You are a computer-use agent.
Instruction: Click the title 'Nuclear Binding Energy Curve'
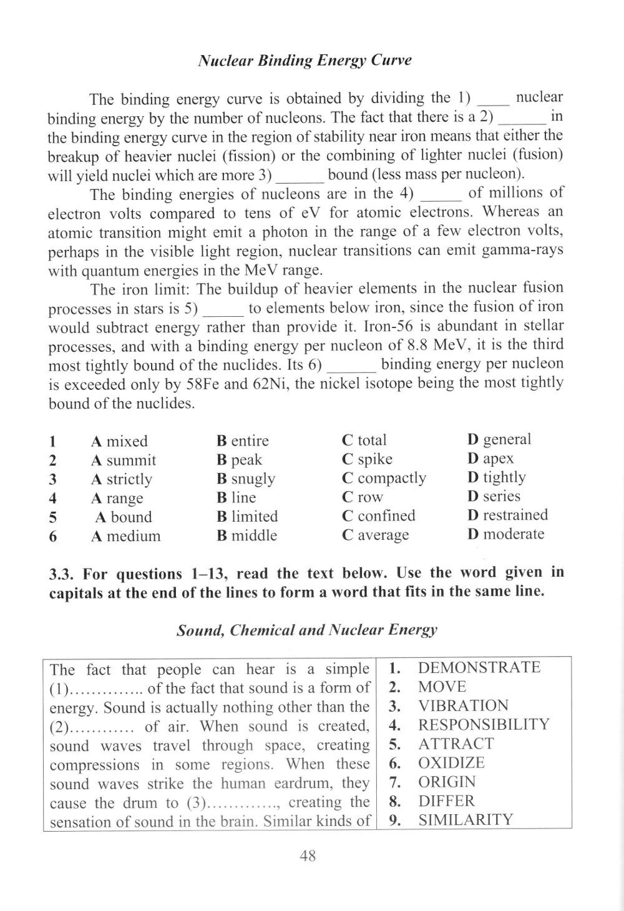304,61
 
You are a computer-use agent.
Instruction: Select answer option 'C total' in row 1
364,440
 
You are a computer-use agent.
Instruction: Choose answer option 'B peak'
239,460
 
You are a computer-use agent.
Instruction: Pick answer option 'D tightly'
496,477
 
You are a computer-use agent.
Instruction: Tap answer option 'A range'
117,498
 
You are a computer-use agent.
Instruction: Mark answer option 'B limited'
247,517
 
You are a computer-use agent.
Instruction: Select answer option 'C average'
376,535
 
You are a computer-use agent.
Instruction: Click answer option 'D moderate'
505,534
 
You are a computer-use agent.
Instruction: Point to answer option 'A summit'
123,460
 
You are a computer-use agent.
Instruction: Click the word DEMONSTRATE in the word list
479,667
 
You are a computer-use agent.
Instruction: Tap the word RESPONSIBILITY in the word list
484,725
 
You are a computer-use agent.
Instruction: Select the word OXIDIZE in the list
451,763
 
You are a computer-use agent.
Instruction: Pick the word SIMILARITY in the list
466,820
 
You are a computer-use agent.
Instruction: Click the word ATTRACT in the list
456,744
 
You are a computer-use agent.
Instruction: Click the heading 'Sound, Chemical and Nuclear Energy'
307,630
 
